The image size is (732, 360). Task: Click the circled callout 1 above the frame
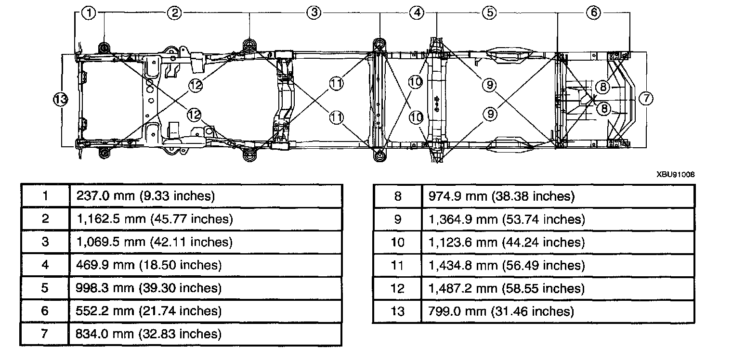pyautogui.click(x=89, y=13)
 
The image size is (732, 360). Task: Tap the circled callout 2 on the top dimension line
pyautogui.click(x=175, y=13)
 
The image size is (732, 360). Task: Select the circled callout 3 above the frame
pyautogui.click(x=314, y=13)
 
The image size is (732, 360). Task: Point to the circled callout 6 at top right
pyautogui.click(x=593, y=13)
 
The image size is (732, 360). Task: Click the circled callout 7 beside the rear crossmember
pyautogui.click(x=646, y=99)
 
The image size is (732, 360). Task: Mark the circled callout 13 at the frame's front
pyautogui.click(x=60, y=100)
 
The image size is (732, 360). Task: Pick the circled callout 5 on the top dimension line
pyautogui.click(x=490, y=13)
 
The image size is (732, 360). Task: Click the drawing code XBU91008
pyautogui.click(x=675, y=175)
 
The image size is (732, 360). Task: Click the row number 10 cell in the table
pyautogui.click(x=397, y=242)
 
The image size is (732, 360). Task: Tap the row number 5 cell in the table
pyautogui.click(x=45, y=288)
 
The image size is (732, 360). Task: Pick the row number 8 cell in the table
pyautogui.click(x=397, y=196)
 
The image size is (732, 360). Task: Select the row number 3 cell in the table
pyautogui.click(x=45, y=242)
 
